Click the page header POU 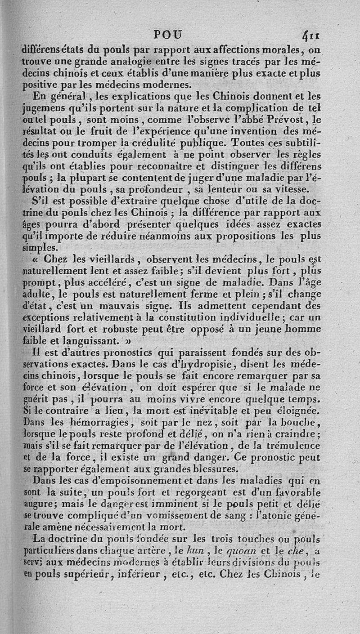click(168, 34)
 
